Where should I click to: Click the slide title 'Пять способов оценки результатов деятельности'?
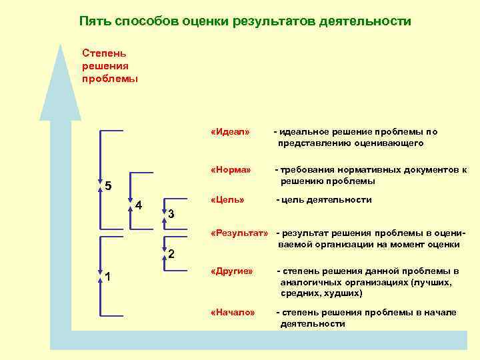point(245,21)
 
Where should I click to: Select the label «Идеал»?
point(229,131)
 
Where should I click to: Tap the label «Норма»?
point(230,170)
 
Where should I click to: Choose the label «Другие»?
point(231,271)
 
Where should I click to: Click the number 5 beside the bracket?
point(108,185)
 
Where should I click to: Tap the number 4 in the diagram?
point(139,205)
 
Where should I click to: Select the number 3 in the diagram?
point(171,214)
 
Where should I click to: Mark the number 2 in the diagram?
point(171,254)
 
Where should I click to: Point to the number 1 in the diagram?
point(108,277)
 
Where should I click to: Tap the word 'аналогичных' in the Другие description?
point(311,282)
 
